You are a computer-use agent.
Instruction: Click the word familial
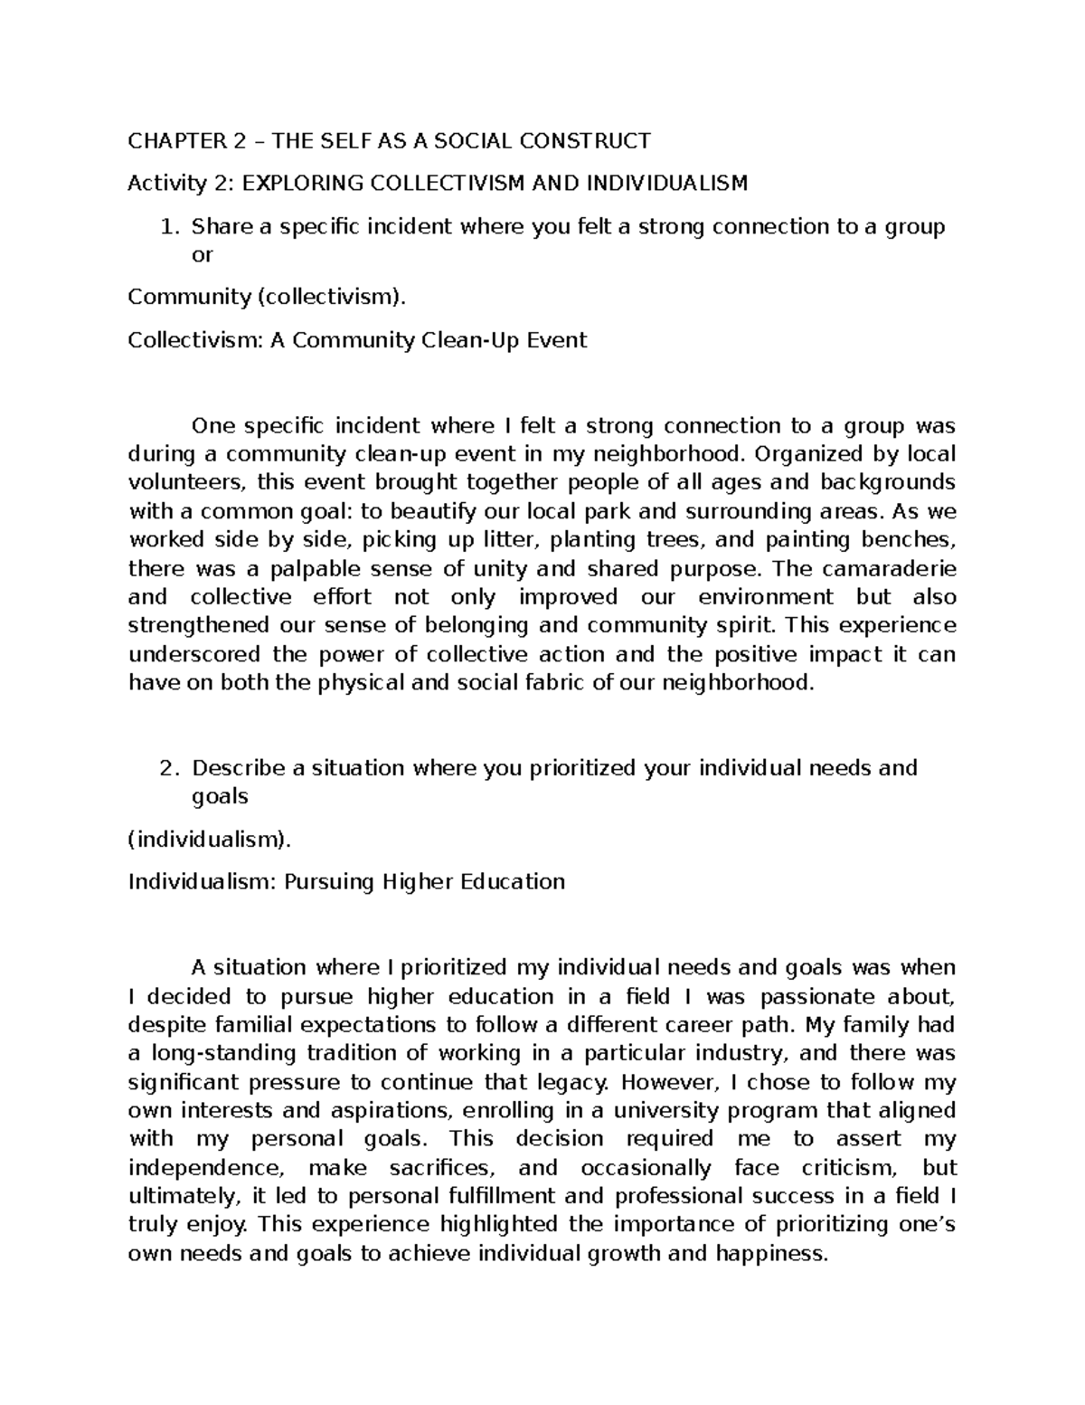coord(256,1025)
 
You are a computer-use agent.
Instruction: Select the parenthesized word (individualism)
coord(211,840)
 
